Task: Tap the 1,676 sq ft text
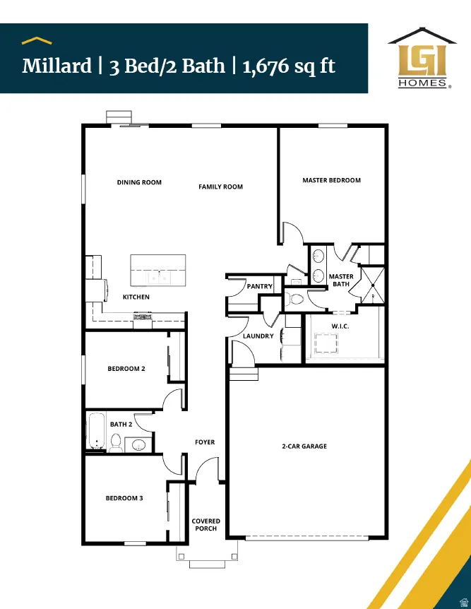[x=289, y=66]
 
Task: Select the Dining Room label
[x=139, y=182]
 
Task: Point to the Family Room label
[x=220, y=187]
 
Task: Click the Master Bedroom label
[x=331, y=180]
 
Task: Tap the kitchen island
[x=157, y=269]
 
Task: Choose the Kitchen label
[x=136, y=297]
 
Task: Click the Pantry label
[x=260, y=286]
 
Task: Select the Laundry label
[x=258, y=336]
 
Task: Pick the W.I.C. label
[x=340, y=326]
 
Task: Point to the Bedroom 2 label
[x=126, y=369]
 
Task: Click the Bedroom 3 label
[x=124, y=498]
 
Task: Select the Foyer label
[x=205, y=442]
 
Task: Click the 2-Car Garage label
[x=304, y=447]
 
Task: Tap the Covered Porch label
[x=206, y=525]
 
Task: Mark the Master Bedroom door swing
[x=291, y=233]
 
